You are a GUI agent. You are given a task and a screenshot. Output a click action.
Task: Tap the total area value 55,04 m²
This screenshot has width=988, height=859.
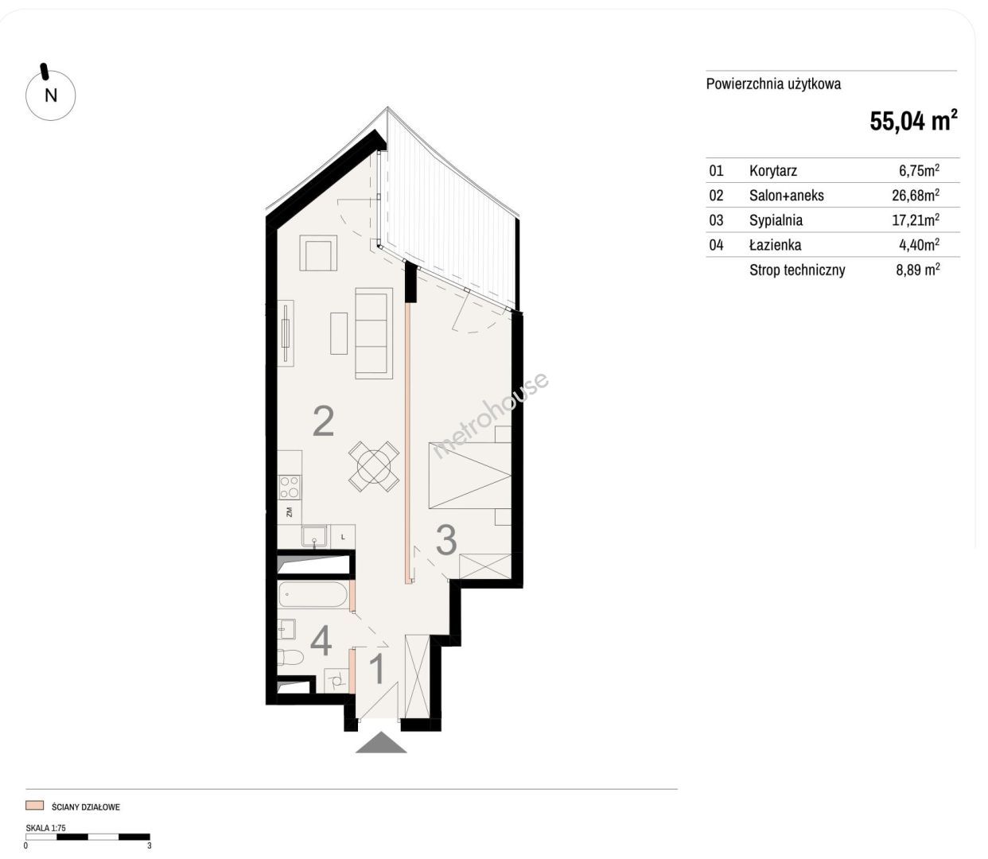point(913,120)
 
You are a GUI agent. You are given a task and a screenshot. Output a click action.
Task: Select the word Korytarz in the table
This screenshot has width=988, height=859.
point(772,170)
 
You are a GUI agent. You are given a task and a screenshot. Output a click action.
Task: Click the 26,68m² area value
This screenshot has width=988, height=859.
point(916,195)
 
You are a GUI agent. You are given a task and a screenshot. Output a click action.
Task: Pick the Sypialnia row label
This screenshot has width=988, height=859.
point(776,220)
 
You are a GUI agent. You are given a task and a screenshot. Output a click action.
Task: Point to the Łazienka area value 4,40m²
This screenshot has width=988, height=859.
point(919,244)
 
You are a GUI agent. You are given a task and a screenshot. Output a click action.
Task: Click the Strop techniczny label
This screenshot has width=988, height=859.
point(797,270)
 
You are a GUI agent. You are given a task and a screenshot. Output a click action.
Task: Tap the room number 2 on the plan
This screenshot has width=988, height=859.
point(323,421)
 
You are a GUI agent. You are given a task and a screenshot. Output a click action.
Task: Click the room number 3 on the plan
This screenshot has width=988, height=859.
point(445,540)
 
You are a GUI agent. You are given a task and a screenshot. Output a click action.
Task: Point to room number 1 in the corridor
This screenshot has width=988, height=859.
point(376,669)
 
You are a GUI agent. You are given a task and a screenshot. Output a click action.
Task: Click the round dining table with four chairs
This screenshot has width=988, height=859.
point(374,466)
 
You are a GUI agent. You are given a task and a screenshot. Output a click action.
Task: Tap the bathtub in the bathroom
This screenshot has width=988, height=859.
point(313,594)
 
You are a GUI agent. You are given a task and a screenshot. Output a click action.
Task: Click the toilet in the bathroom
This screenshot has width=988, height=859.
point(290,657)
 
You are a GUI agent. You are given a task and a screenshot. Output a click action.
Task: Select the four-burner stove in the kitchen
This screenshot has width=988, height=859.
point(290,487)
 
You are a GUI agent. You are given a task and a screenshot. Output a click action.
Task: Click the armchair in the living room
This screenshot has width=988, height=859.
point(317,253)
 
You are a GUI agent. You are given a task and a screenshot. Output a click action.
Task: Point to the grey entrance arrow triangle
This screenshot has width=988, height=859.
point(381,743)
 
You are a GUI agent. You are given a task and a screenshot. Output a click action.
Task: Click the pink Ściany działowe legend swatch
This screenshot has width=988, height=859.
point(35,806)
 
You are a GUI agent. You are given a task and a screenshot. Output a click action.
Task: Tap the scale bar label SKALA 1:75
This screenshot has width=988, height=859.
point(45,828)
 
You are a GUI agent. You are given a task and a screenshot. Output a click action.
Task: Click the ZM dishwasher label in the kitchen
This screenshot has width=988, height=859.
point(290,512)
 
